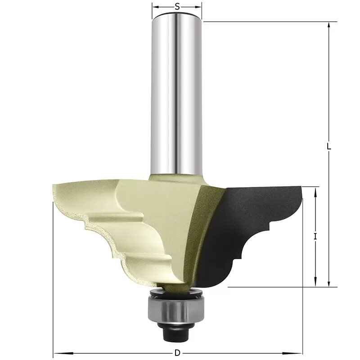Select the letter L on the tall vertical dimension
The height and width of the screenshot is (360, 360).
[x=329, y=147]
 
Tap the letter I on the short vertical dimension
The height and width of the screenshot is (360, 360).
[x=316, y=236]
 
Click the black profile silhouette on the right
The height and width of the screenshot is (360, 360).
[x=252, y=225]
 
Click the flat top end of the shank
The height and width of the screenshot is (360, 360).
[x=177, y=16]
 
